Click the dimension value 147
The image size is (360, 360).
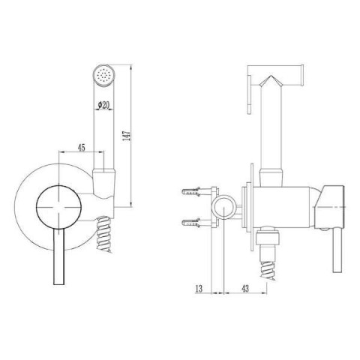coord(127,136)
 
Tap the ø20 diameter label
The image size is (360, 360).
coord(103,106)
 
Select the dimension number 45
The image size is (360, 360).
coord(82,148)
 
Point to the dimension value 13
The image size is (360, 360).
coord(199,289)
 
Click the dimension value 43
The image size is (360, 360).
coord(245,289)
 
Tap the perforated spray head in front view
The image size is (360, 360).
coord(103,75)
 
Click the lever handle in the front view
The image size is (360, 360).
coord(59,256)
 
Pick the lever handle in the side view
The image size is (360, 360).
coord(337,250)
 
